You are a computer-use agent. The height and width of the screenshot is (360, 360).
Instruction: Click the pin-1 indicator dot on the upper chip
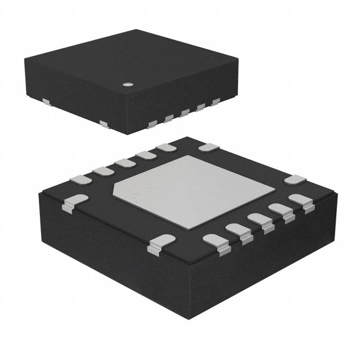click(128, 85)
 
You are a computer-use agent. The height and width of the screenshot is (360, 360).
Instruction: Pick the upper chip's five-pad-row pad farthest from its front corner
click(215, 102)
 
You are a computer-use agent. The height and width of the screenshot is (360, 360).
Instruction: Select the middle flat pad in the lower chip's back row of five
click(124, 163)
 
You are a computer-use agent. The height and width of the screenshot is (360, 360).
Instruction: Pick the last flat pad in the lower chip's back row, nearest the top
click(166, 147)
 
